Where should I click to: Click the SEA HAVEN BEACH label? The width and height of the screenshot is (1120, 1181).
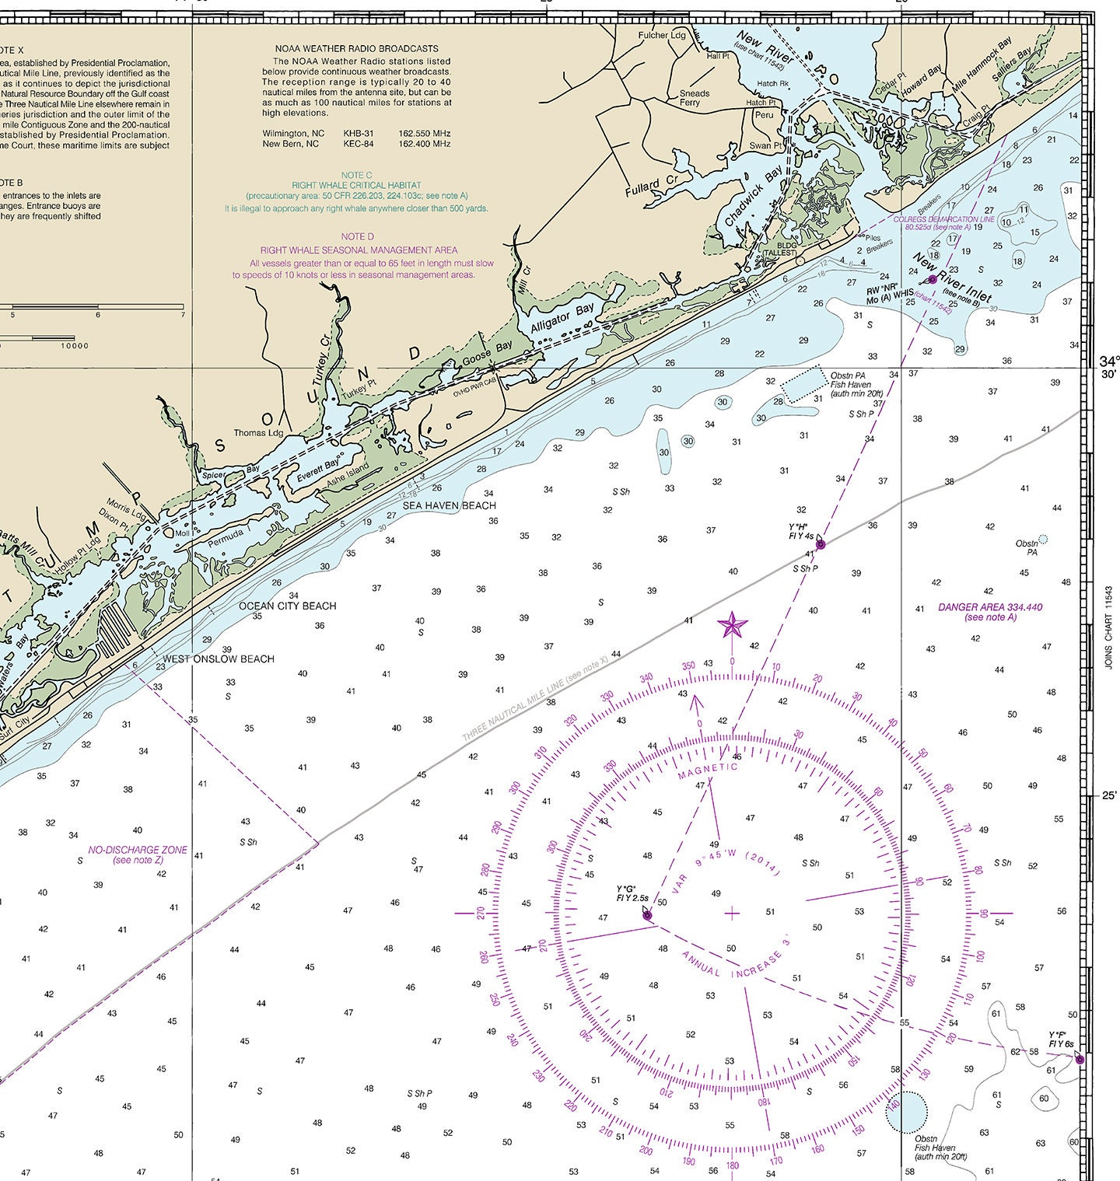449,505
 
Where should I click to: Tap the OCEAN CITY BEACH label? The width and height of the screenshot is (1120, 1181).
287,606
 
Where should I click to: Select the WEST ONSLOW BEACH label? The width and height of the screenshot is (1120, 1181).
218,659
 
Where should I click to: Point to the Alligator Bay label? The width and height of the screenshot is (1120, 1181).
562,319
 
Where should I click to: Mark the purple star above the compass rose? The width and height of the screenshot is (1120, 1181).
732,624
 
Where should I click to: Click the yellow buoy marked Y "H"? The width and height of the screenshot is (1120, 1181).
820,544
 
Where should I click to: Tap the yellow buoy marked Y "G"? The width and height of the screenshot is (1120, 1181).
647,915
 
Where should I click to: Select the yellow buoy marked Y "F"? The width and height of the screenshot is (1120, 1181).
1079,1059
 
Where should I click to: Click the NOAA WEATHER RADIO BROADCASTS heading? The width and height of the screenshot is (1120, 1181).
356,48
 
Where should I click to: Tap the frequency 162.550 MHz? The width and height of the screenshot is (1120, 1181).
425,133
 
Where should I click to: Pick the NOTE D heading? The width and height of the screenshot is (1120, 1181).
357,236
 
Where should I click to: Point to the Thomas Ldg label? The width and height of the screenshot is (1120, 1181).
258,433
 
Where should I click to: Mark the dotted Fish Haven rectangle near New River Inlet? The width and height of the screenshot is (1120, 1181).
803,384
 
